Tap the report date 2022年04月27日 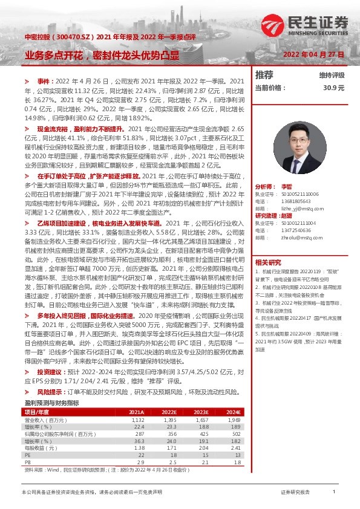314,55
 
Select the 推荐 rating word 264,75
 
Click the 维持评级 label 331,76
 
